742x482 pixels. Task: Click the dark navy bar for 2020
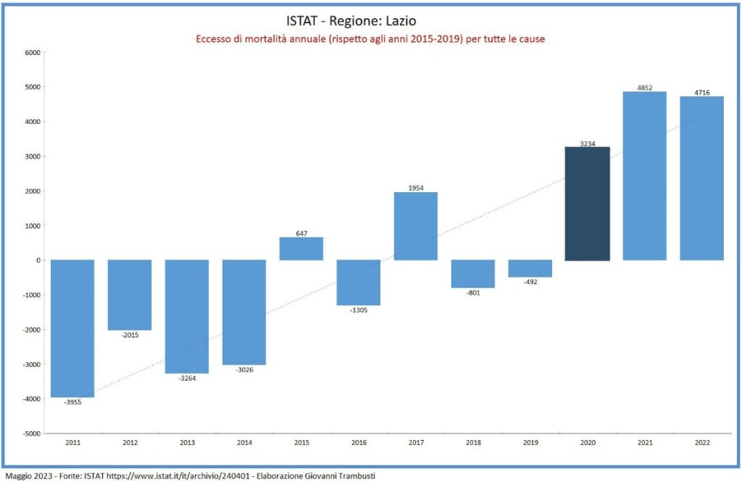[588, 204]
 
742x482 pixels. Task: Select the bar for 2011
[72, 328]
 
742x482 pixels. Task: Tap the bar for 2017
[416, 226]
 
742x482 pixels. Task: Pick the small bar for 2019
[530, 268]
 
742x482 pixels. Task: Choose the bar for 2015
[301, 249]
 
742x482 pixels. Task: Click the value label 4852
[645, 88]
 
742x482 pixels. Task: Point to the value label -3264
[187, 378]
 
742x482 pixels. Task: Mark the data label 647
[301, 233]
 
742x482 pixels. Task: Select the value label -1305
[359, 309]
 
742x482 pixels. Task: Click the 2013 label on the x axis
[187, 443]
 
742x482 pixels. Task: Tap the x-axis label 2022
[701, 443]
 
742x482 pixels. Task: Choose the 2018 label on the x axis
[473, 443]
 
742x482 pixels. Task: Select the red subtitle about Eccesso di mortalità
[370, 38]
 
